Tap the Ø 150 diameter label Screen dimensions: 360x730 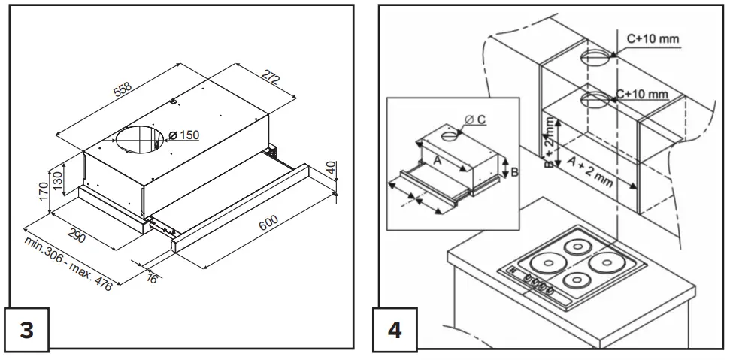(x=183, y=135)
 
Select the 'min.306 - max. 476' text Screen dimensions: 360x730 (x=67, y=267)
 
